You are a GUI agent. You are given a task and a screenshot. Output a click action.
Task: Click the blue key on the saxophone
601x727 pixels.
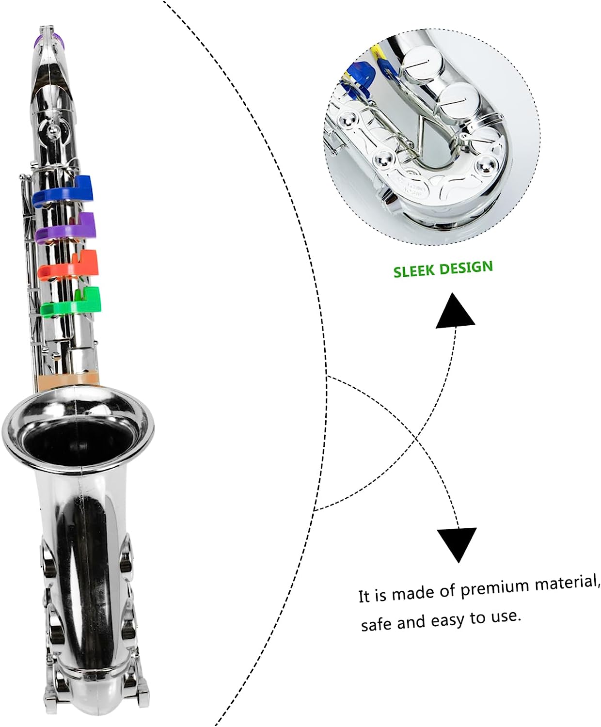[63, 191]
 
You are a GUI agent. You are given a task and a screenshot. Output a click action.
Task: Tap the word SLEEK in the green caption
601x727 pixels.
[413, 271]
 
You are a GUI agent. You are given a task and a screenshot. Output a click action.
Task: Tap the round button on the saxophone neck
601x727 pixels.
[52, 130]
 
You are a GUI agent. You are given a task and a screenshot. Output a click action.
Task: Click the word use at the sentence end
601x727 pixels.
[507, 617]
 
